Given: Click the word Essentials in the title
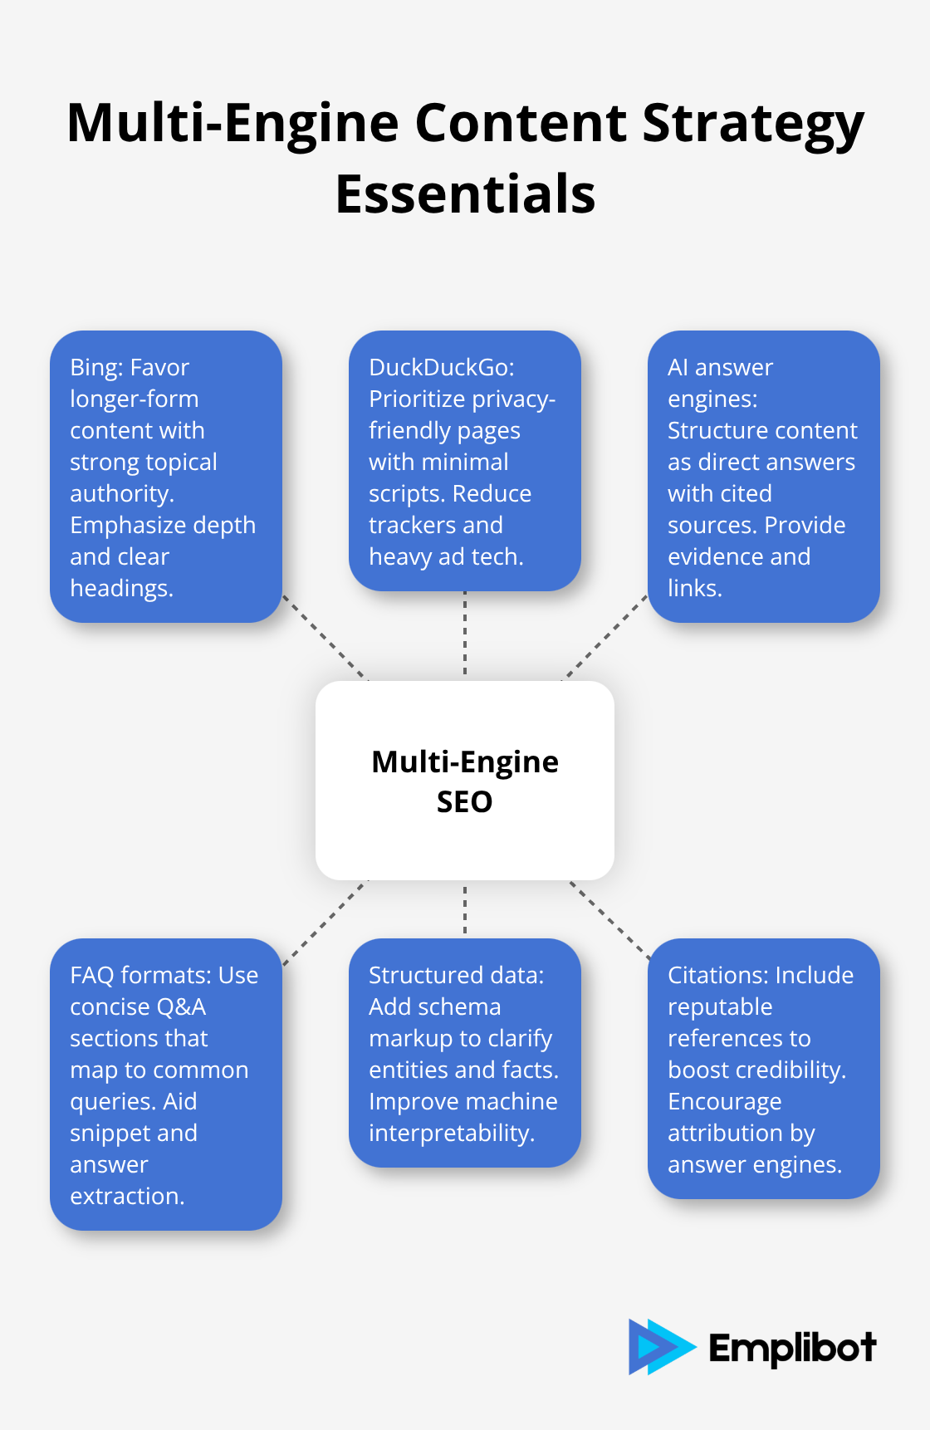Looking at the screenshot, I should [465, 194].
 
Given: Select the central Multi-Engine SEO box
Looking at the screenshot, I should [465, 781].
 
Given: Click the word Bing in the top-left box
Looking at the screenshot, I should [95, 367].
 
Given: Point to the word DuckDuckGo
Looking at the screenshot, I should [440, 367].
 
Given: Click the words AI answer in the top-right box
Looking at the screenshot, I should [720, 367].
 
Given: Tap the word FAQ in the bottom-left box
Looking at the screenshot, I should [92, 975].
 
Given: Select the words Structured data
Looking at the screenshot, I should [456, 975].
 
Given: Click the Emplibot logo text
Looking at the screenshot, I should [792, 1348].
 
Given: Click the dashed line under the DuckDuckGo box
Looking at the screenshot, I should [465, 635].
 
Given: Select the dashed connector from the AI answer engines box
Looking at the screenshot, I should [605, 637].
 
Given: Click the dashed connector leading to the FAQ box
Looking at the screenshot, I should [325, 923].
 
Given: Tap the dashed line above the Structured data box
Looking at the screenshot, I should [465, 909].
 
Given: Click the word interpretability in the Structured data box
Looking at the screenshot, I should [451, 1133].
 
